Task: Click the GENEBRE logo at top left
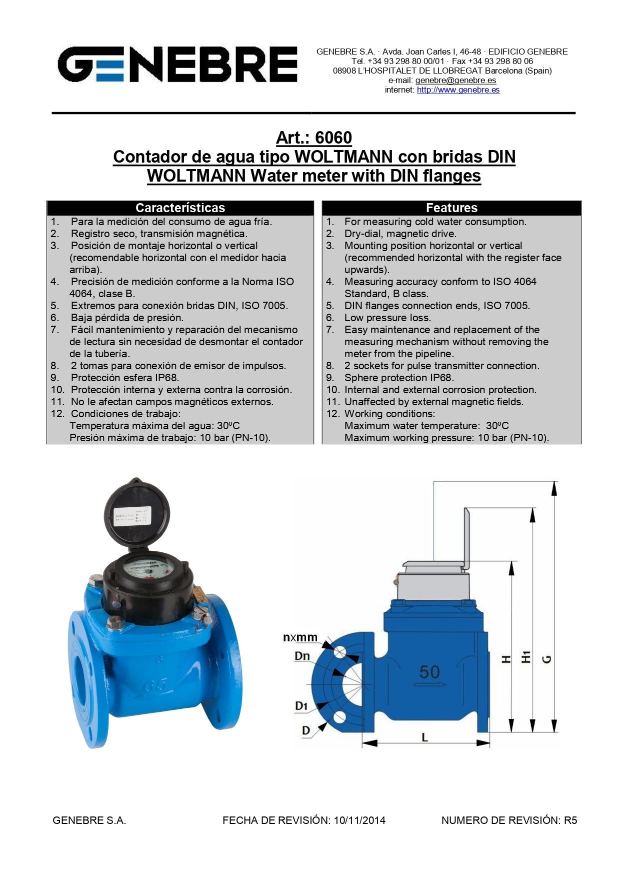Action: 177,65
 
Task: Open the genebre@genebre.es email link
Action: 455,80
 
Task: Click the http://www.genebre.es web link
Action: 458,90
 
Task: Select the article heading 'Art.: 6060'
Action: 314,138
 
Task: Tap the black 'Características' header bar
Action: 180,208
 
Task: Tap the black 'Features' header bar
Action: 451,208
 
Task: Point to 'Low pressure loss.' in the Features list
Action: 387,318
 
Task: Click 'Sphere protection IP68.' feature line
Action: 399,378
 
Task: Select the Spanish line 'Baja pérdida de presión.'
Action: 127,318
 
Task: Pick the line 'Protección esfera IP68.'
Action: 125,378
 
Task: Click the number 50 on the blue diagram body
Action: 429,671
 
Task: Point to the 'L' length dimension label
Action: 424,737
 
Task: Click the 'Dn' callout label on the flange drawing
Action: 302,656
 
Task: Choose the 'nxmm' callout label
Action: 300,637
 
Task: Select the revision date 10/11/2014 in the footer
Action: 360,820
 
